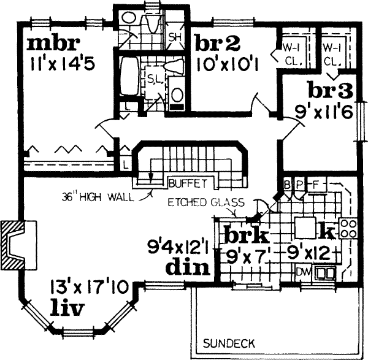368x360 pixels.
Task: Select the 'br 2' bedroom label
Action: point(218,43)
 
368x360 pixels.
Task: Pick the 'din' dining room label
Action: point(188,267)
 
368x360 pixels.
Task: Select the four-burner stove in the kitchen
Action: point(348,229)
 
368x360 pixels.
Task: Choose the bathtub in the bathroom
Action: point(129,76)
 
